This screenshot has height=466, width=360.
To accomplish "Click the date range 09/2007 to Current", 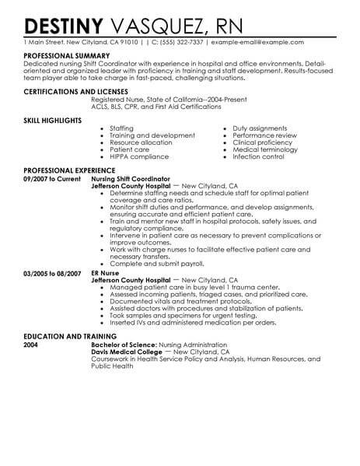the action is pos(53,178).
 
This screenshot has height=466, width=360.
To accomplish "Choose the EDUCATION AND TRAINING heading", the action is pos(73,335).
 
